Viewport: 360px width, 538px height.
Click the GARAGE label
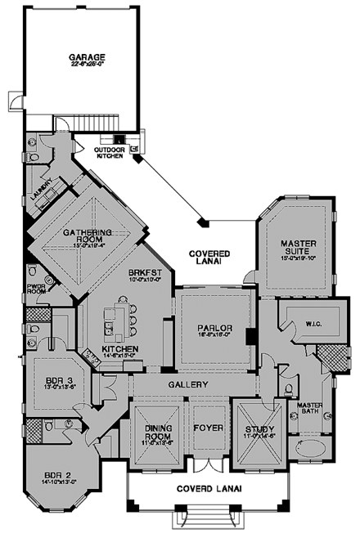tap(82, 58)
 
